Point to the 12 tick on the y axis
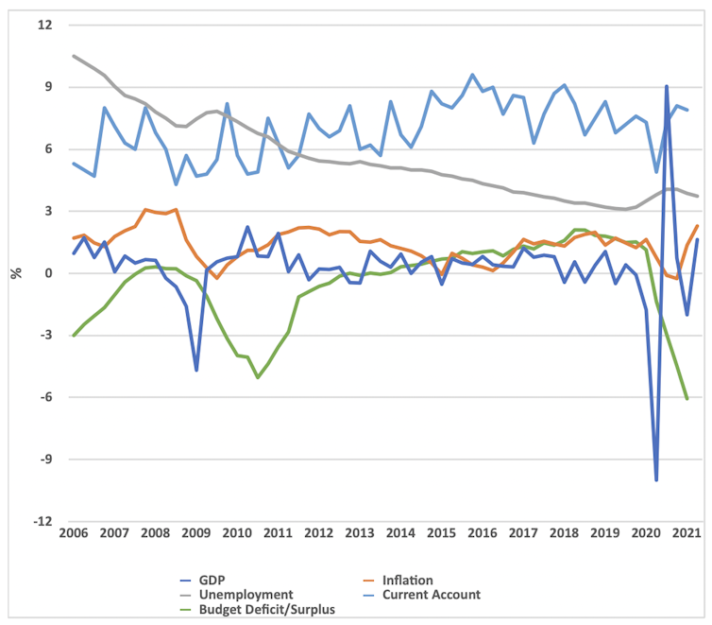pyautogui.click(x=44, y=25)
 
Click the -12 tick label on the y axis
pyautogui.click(x=42, y=522)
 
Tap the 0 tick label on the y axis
pyautogui.click(x=47, y=273)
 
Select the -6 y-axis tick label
pyautogui.click(x=44, y=398)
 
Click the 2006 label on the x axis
pyautogui.click(x=73, y=534)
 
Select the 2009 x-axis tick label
pyautogui.click(x=196, y=534)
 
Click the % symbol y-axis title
pyautogui.click(x=15, y=273)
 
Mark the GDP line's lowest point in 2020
pyautogui.click(x=656, y=480)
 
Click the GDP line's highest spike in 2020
pyautogui.click(x=667, y=86)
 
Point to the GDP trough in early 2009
pyautogui.click(x=196, y=370)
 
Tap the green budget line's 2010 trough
pyautogui.click(x=258, y=377)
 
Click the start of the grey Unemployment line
pyautogui.click(x=74, y=56)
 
